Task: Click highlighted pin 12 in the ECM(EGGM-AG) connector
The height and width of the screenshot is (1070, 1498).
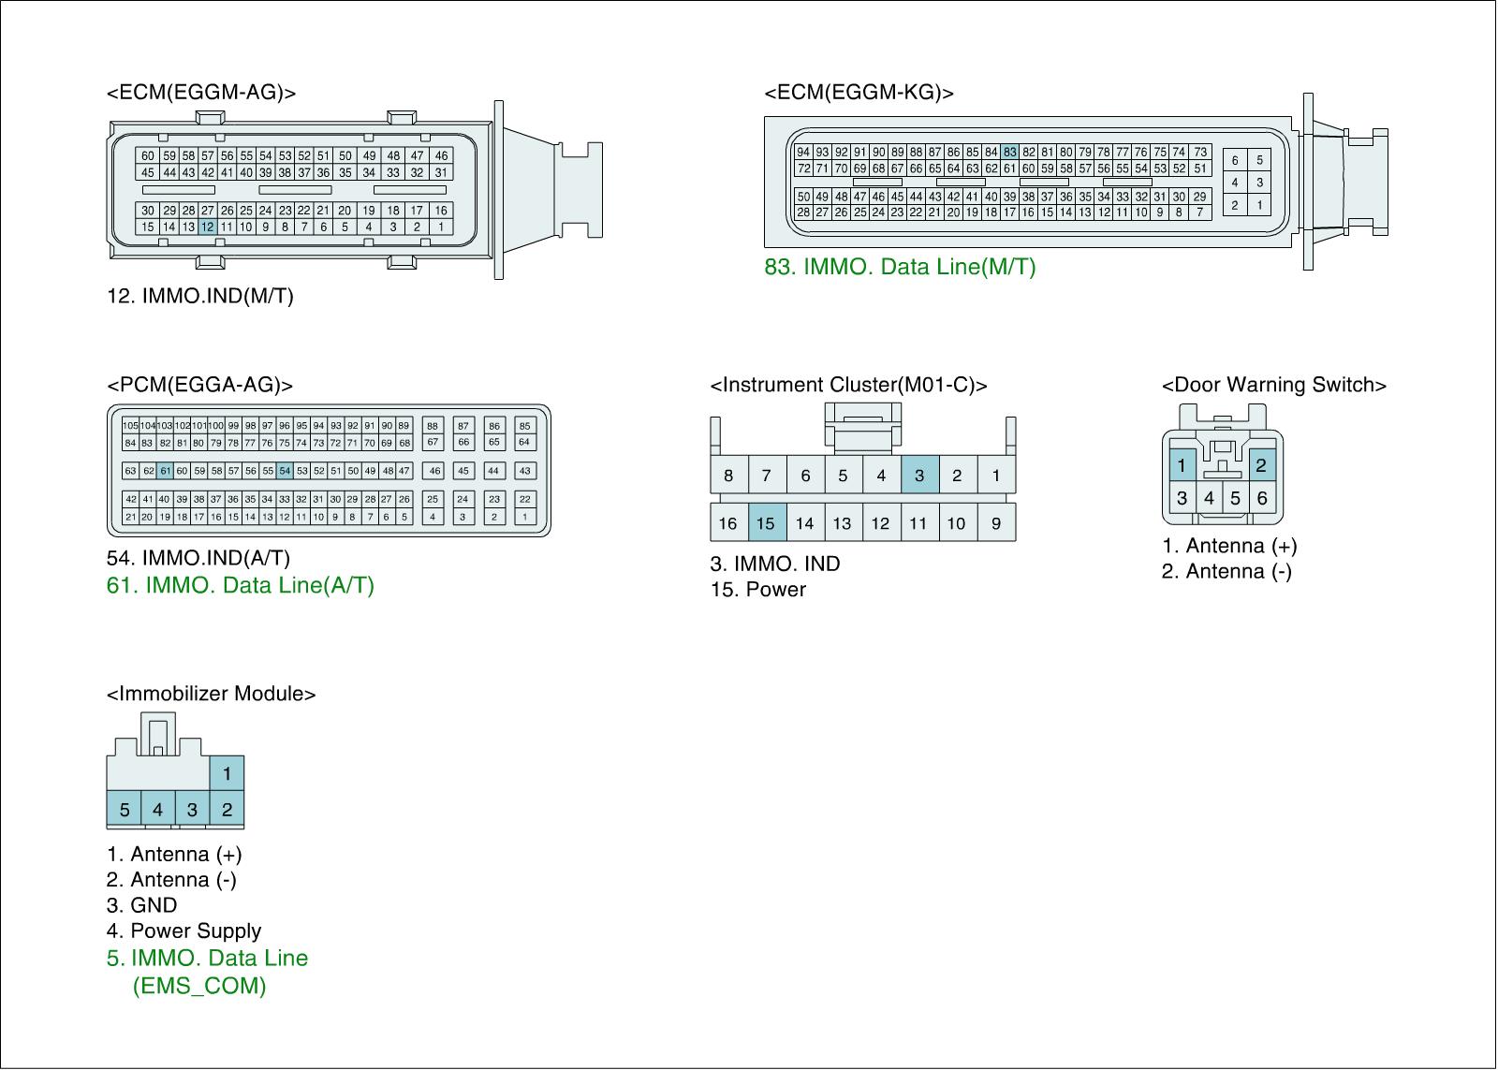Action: coord(208,227)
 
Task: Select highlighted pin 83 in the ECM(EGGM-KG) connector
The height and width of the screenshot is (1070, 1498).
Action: coord(1009,152)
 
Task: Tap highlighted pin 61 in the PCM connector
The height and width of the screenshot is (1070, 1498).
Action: coord(166,471)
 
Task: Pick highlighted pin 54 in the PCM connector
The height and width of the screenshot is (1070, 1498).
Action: coord(285,471)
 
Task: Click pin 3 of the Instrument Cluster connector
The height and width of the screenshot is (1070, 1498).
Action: coord(919,476)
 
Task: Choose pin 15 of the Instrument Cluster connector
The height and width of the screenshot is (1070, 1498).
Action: coord(766,523)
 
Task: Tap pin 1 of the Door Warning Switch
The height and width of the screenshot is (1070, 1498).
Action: coord(1182,465)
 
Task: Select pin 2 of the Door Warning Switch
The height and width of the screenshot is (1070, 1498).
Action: coord(1261,465)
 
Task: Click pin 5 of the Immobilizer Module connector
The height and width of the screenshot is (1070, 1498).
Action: coord(124,810)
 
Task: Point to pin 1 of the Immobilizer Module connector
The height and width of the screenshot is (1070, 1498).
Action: coord(227,774)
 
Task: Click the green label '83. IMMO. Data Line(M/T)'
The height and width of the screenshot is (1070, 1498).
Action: coord(900,267)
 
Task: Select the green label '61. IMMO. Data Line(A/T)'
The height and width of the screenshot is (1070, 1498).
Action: coord(241,585)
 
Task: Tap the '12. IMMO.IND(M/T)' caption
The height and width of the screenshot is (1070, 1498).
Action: coord(200,296)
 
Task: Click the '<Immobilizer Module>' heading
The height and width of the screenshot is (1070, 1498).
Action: coord(212,694)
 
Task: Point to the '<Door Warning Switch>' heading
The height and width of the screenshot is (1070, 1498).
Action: coord(1273,385)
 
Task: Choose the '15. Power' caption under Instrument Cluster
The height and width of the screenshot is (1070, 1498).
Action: coord(757,590)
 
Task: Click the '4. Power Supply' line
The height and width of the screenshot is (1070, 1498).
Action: coord(184,931)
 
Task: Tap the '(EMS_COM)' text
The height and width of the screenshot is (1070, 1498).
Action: coord(199,986)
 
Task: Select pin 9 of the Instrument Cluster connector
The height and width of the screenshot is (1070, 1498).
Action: coord(996,523)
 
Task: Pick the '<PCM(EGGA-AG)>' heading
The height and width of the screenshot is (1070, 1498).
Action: coord(200,385)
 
